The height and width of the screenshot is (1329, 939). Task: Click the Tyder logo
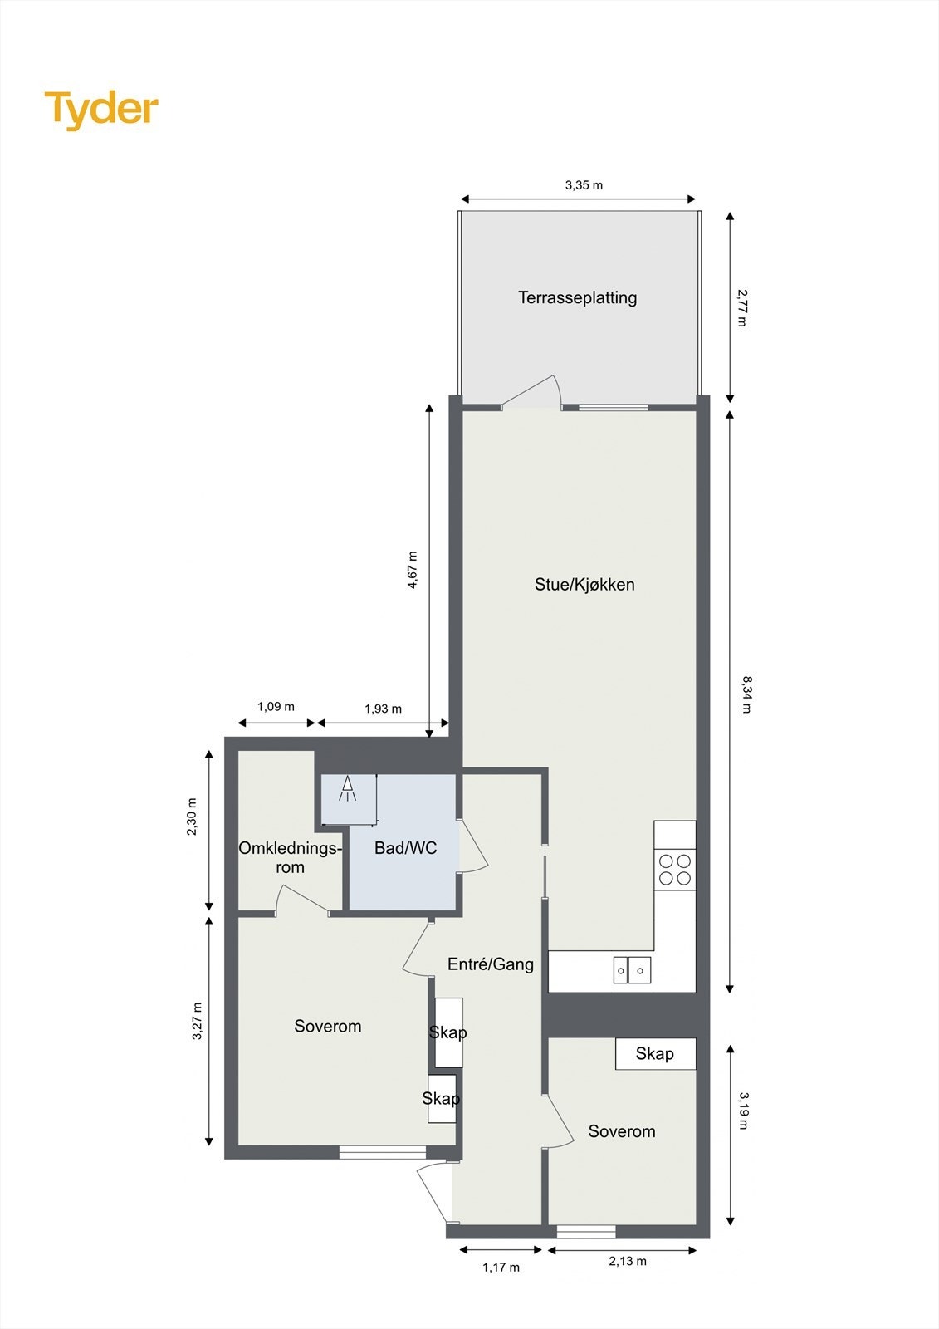(x=101, y=110)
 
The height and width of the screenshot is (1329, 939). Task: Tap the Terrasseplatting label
(x=577, y=297)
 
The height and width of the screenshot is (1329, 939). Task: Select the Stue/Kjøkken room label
(x=584, y=585)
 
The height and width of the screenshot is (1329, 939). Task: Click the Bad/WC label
(x=405, y=848)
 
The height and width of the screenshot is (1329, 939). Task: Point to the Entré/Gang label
(x=491, y=964)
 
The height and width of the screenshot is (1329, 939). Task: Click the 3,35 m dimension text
(x=584, y=185)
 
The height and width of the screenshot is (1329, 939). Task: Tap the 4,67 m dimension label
(x=413, y=570)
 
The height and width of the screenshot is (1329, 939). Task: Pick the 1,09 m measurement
(x=276, y=707)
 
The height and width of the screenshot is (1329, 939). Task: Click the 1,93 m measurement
(x=383, y=709)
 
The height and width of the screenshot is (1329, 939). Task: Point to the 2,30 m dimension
(x=193, y=817)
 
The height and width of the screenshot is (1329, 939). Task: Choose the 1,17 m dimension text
(x=501, y=1268)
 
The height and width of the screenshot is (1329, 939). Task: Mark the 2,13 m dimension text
(x=628, y=1261)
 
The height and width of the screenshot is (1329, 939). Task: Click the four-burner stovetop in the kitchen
(x=675, y=870)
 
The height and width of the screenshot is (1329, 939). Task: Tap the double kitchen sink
(x=632, y=969)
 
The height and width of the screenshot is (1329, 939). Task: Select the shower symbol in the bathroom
(x=347, y=788)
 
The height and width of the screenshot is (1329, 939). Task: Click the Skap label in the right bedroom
(x=654, y=1054)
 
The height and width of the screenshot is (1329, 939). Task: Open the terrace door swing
(x=536, y=394)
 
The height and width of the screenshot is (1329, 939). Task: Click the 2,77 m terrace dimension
(x=741, y=307)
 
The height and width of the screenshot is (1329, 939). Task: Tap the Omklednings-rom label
(x=290, y=857)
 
